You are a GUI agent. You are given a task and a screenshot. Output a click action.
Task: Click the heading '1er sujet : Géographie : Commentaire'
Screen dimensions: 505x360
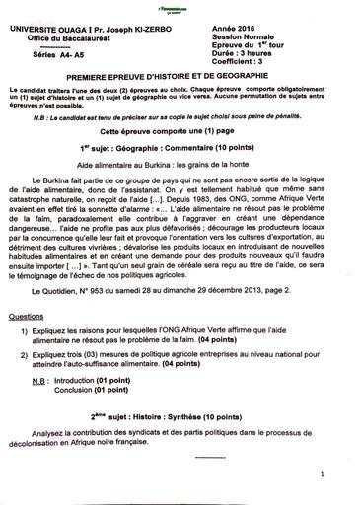tap(178, 147)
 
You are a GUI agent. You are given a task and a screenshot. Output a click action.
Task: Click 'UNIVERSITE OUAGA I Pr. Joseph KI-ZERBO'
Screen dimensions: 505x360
tap(91, 30)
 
